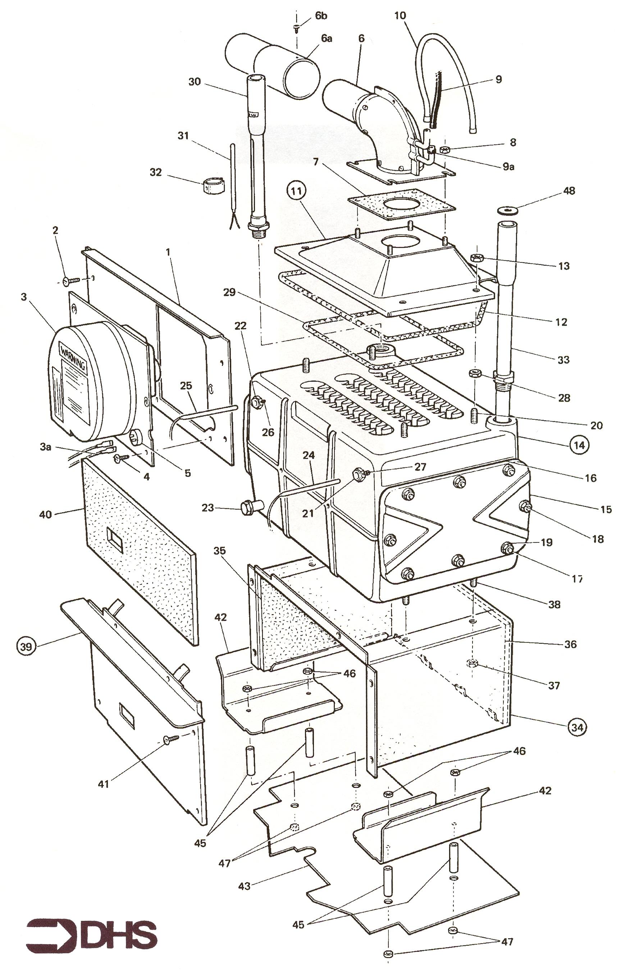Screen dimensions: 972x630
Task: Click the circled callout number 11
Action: (x=298, y=191)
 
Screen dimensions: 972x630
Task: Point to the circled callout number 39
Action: (x=26, y=646)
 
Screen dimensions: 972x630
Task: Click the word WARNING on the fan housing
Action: (x=73, y=357)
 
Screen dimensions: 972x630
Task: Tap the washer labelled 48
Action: (x=507, y=210)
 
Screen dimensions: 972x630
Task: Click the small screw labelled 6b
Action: (x=297, y=28)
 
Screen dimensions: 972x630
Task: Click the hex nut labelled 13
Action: (x=478, y=258)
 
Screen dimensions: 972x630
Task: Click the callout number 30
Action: (x=195, y=82)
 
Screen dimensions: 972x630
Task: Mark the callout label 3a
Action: (x=45, y=446)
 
